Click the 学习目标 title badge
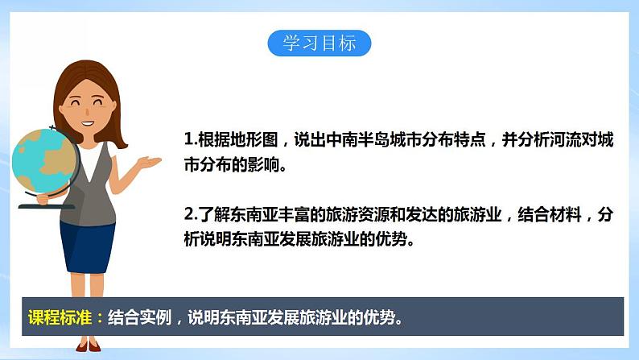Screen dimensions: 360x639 pyautogui.click(x=319, y=43)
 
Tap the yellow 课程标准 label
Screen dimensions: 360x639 pyautogui.click(x=60, y=317)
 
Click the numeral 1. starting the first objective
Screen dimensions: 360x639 pyautogui.click(x=189, y=139)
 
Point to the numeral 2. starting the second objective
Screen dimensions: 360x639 pyautogui.click(x=190, y=215)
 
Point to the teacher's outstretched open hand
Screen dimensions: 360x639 pyautogui.click(x=149, y=163)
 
